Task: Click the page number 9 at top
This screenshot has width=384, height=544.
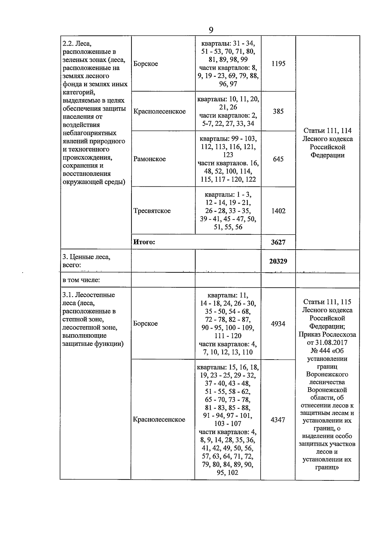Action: click(x=211, y=30)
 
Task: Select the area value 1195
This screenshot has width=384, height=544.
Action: click(x=278, y=64)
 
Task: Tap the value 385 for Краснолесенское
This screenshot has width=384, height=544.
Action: click(x=278, y=112)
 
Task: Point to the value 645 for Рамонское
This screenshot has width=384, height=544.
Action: click(x=278, y=159)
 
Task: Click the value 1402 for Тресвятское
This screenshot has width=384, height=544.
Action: click(x=278, y=211)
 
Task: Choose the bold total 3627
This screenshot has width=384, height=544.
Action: click(x=278, y=242)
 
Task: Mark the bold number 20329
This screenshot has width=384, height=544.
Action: click(x=278, y=261)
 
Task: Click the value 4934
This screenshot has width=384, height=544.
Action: click(x=278, y=324)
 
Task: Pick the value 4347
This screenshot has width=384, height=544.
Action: click(x=278, y=420)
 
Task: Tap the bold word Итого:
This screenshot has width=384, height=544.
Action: click(x=144, y=242)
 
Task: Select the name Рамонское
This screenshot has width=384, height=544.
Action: click(x=149, y=159)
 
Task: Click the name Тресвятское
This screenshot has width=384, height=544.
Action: click(x=152, y=211)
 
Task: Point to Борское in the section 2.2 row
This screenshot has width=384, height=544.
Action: click(x=146, y=64)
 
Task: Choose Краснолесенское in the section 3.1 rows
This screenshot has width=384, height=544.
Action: click(x=159, y=420)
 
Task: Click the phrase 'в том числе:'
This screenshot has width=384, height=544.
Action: click(x=81, y=280)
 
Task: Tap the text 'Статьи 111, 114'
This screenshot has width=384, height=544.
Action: click(x=327, y=131)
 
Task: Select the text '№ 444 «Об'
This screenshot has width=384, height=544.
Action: click(x=327, y=351)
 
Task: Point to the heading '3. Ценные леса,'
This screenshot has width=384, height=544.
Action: click(x=86, y=257)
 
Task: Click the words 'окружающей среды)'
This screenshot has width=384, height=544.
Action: click(x=94, y=182)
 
